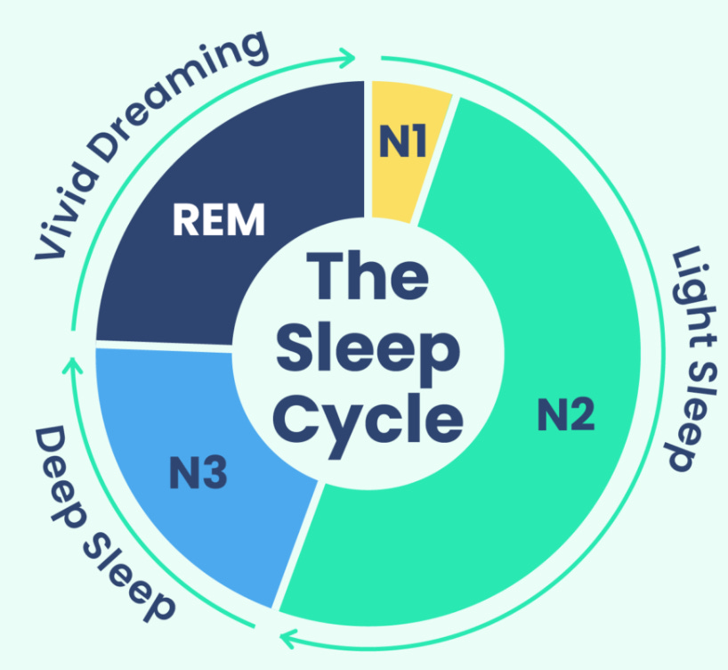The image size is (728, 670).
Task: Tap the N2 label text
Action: tap(566, 415)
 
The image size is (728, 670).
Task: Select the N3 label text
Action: tap(198, 473)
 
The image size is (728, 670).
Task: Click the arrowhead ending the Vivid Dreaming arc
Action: tap(349, 58)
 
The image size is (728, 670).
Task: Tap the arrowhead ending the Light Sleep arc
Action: tap(287, 636)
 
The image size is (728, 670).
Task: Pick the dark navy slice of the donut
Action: tap(178, 267)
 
